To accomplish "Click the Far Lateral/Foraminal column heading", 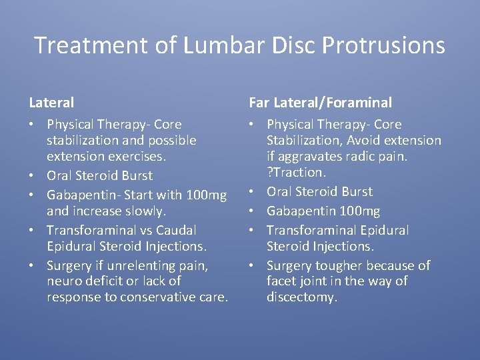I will coord(320,103).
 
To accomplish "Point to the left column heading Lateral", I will coord(51,103).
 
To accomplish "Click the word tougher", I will coord(337,265).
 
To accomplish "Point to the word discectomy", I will coord(301,297).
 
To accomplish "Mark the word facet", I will coord(281,281).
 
